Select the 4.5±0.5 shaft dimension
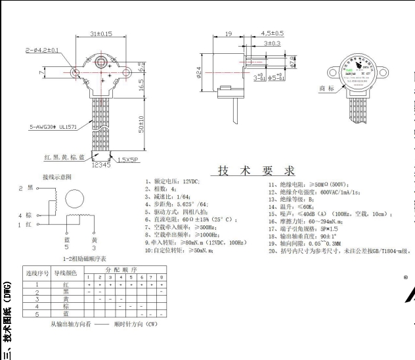[x=272, y=33]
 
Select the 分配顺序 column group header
[x=123, y=269]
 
